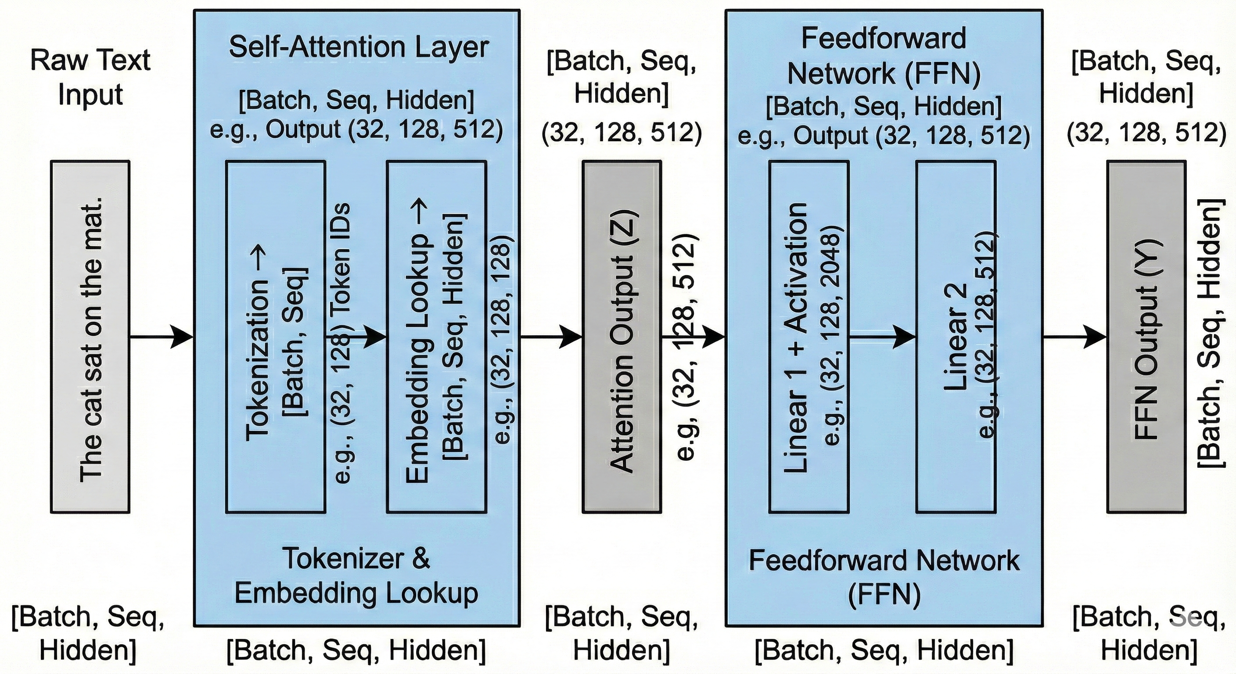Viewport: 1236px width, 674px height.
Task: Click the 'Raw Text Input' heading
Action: pos(90,77)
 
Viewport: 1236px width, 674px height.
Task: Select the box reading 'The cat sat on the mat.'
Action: pos(90,337)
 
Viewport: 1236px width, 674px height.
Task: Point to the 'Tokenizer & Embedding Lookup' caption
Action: pos(356,576)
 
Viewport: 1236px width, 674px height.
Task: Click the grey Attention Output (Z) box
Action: pos(622,337)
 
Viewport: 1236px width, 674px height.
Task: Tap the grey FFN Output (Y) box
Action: pos(1146,337)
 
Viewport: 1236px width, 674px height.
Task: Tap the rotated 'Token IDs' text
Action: pos(342,259)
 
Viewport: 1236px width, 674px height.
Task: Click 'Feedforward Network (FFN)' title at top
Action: pos(884,56)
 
